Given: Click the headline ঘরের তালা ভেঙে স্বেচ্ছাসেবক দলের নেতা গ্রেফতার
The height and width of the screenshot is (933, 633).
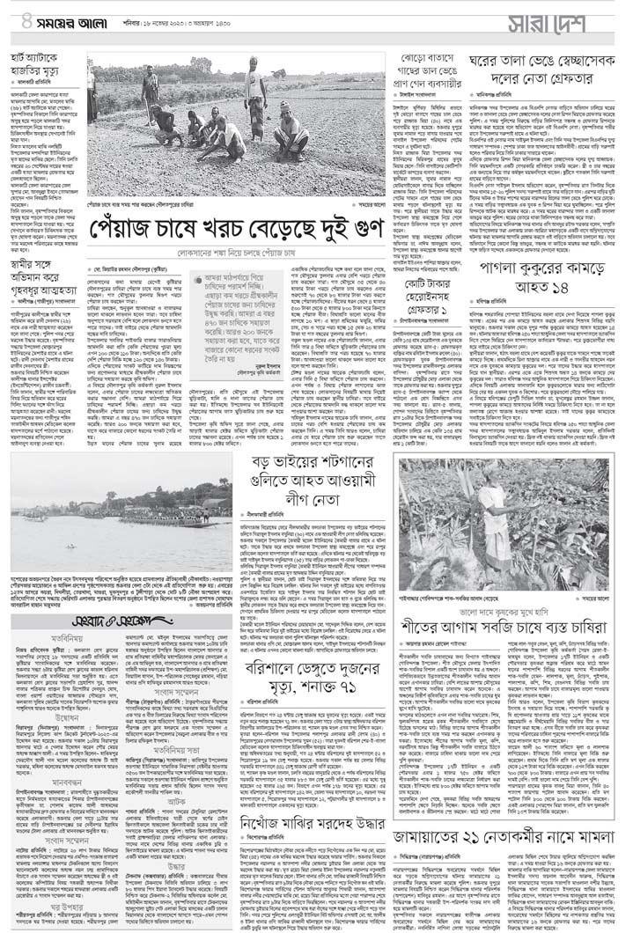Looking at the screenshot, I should click(539, 77).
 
